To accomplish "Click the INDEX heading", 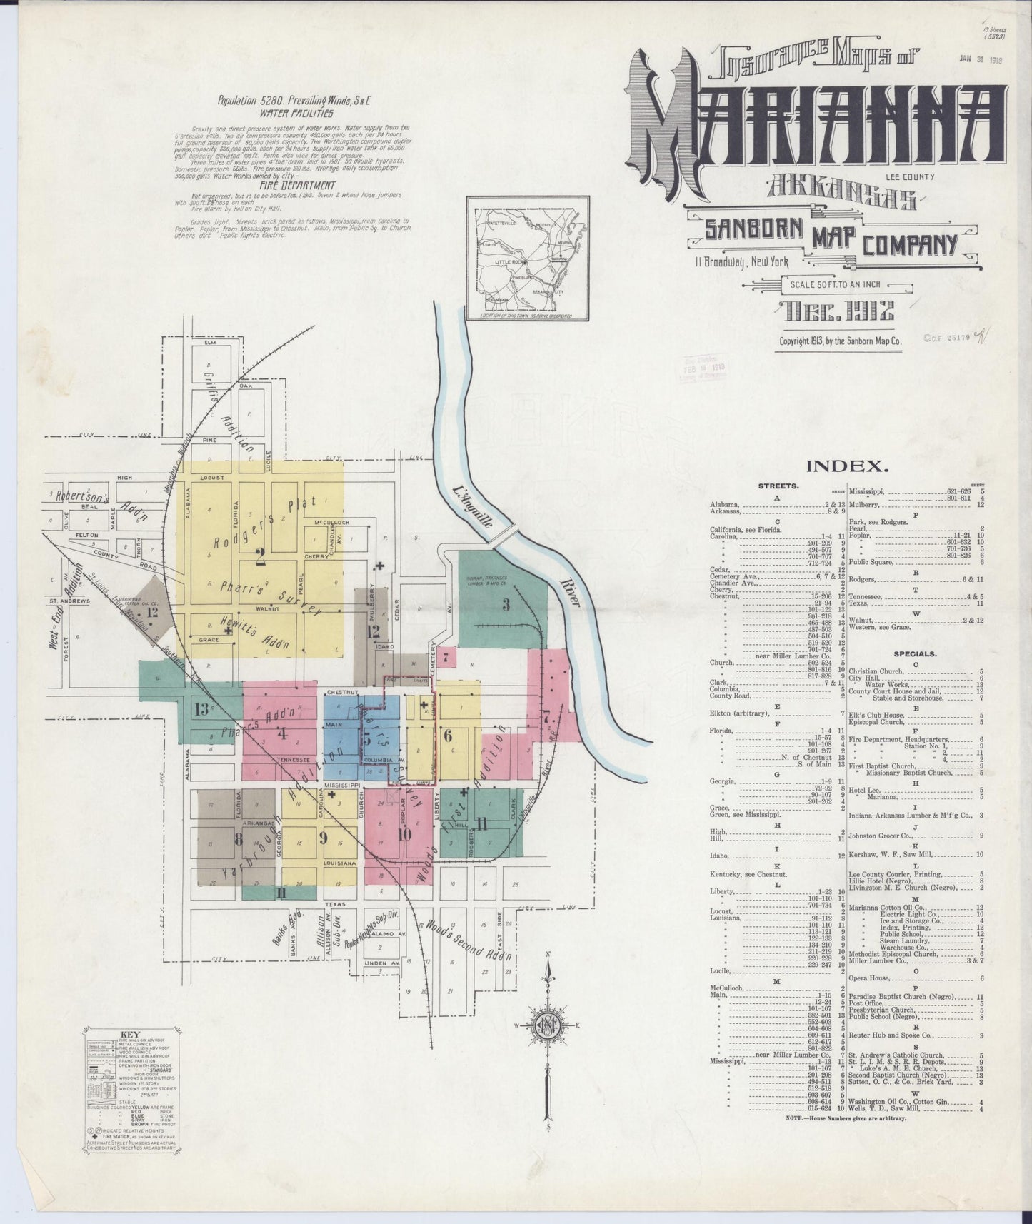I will [848, 467].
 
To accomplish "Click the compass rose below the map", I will [548, 1027].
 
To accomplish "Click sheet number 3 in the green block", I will [506, 606].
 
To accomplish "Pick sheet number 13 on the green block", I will [201, 709].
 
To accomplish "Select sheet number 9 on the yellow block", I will [323, 837].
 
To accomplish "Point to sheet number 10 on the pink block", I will [404, 833].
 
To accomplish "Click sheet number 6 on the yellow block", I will [448, 733].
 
